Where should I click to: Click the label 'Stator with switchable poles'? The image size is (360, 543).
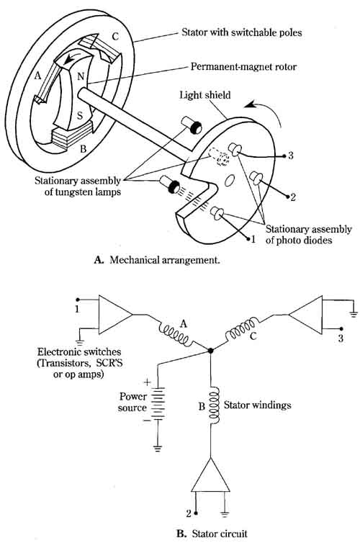coord(242,32)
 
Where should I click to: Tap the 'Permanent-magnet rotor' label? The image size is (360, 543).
coord(243,66)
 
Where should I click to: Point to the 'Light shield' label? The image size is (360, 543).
coord(205,95)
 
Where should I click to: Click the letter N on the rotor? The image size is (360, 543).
coord(81,76)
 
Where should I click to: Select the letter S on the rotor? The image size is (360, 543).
coord(80,115)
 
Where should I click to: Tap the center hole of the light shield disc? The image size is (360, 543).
coord(230,180)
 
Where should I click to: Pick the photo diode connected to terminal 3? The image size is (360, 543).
coord(234,150)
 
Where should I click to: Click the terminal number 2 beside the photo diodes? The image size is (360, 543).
coord(292,197)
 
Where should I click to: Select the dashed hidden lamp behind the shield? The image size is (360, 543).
coord(219,158)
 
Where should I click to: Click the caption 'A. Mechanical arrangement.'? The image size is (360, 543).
coord(157,260)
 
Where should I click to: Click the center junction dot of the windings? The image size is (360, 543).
coord(211,351)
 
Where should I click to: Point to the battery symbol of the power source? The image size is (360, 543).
coord(158,404)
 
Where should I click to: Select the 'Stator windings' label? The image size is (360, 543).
coord(258,405)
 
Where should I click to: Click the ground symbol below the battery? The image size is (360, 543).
coord(158,449)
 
